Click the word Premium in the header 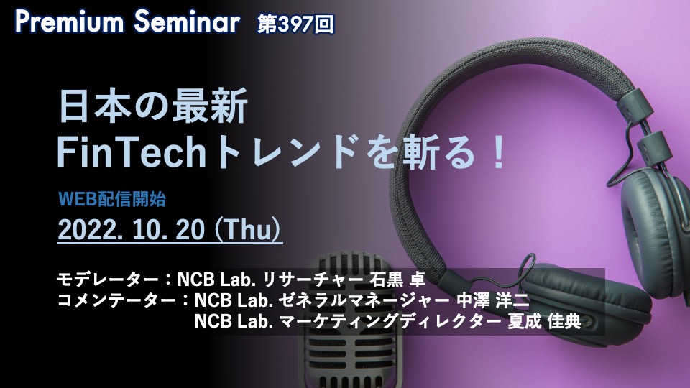pos(70,22)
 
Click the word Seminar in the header pos(187,22)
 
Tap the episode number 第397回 pos(295,24)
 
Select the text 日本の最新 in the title pos(153,106)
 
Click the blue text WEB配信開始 pos(112,199)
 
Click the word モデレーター pos(108,279)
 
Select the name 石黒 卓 pos(397,279)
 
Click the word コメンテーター pos(116,300)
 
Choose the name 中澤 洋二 pos(493,300)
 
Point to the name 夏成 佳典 pos(544,322)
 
